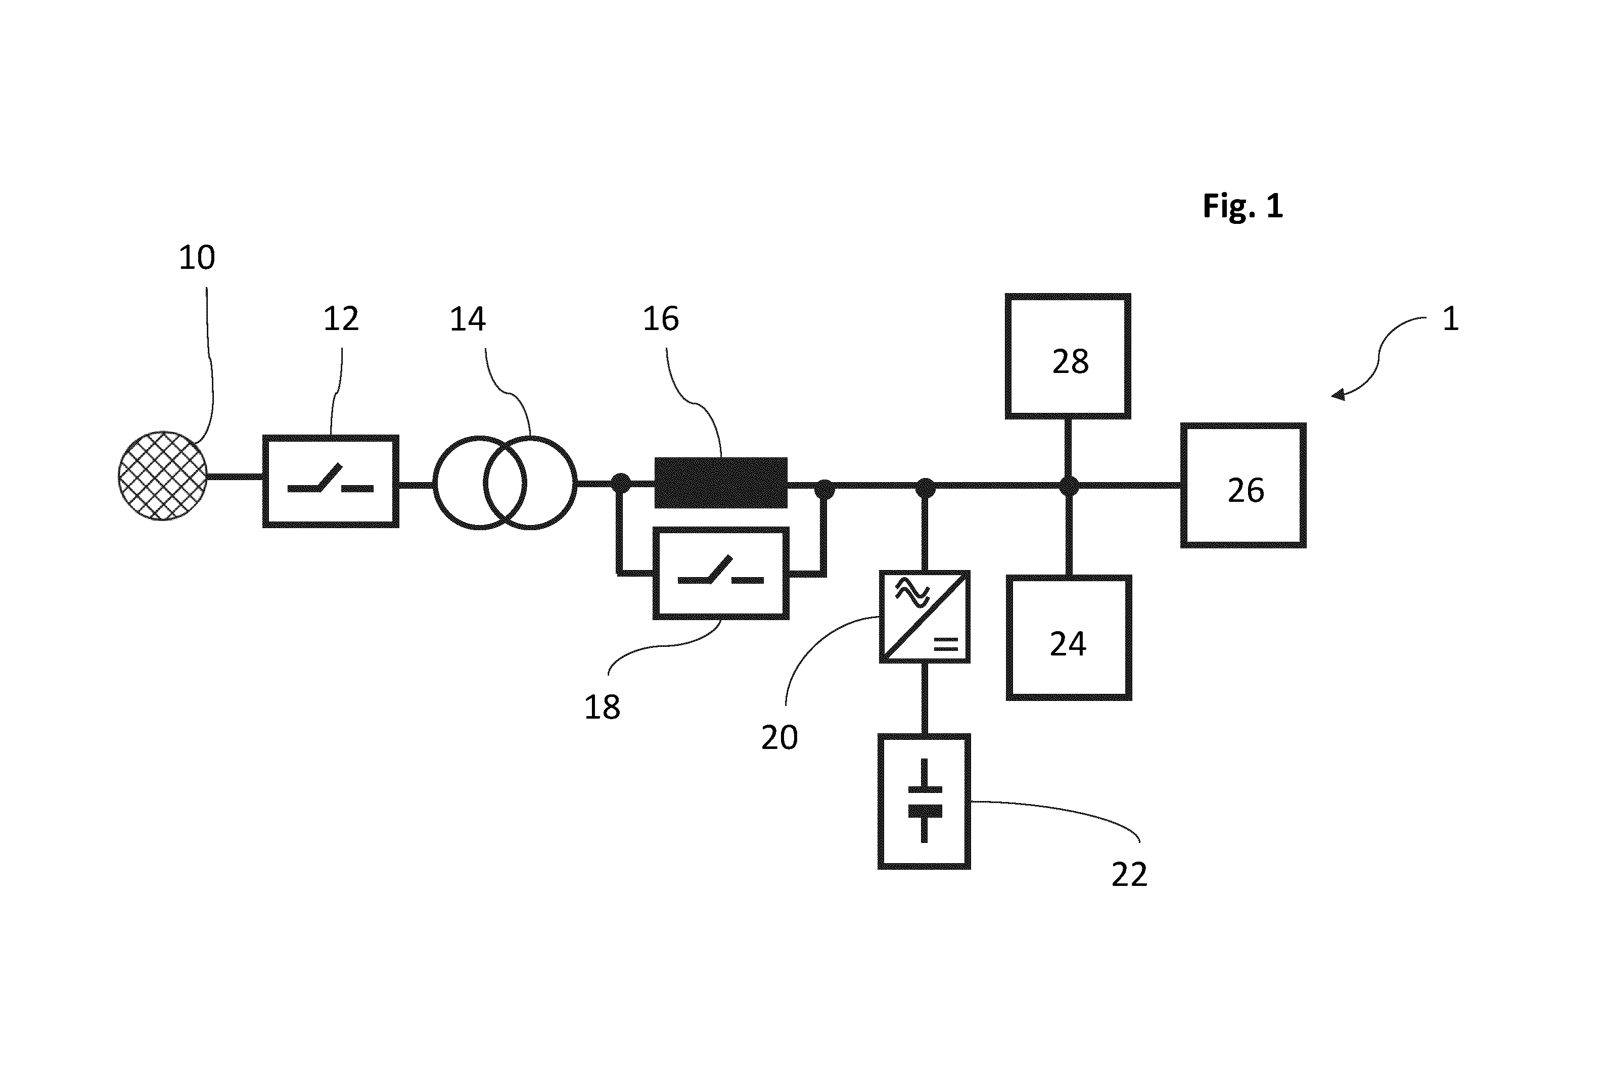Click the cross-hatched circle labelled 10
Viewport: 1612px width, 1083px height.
click(x=163, y=476)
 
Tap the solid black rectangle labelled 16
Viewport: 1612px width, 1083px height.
click(x=721, y=483)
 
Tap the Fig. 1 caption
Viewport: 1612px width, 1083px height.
click(x=1242, y=206)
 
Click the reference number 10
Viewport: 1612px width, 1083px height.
click(x=197, y=258)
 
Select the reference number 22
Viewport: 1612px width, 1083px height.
click(x=1129, y=874)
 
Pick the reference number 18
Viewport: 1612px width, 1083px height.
click(x=602, y=708)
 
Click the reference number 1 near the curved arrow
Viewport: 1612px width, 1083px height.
click(x=1450, y=319)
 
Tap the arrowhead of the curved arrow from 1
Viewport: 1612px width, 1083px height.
click(x=1339, y=395)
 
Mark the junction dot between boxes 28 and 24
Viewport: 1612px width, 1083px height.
click(x=1069, y=486)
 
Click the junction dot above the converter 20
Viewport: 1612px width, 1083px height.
click(x=925, y=488)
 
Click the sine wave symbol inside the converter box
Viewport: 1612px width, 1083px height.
click(x=912, y=593)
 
